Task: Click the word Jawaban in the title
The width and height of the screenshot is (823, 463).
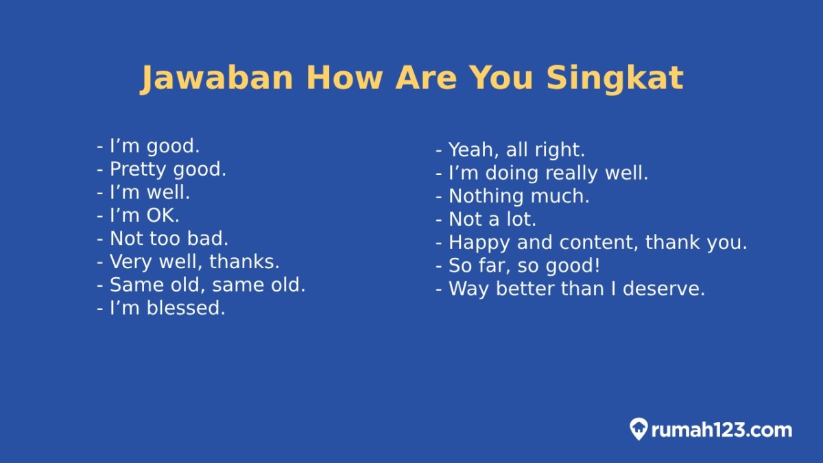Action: click(217, 79)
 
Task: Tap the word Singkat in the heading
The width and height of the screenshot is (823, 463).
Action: click(615, 79)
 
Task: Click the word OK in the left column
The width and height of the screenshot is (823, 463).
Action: click(162, 215)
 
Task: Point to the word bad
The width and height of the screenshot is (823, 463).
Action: click(208, 239)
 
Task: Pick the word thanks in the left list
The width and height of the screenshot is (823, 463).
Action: click(244, 261)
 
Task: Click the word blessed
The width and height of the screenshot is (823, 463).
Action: click(186, 308)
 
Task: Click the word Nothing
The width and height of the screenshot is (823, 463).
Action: click(486, 196)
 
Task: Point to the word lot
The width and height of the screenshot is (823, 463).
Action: click(521, 219)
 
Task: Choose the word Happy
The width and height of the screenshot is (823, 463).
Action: click(479, 244)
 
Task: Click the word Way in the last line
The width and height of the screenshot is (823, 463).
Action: click(469, 289)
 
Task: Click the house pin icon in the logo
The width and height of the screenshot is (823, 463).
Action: click(639, 429)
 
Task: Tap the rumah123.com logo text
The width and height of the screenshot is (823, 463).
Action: click(721, 430)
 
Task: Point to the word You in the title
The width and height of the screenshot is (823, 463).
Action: click(501, 79)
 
